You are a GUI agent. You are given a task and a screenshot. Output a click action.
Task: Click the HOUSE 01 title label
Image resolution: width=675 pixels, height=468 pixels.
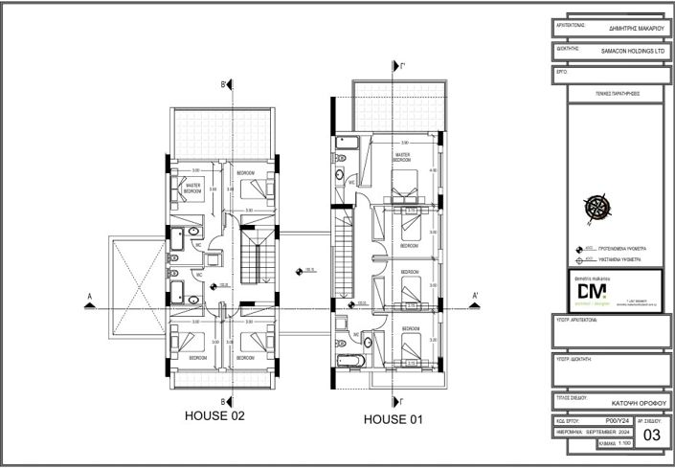coord(394,419)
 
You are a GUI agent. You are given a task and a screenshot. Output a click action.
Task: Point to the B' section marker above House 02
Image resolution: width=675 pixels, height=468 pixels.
coord(224,85)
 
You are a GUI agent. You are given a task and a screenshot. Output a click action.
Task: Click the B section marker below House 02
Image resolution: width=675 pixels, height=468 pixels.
coord(224,400)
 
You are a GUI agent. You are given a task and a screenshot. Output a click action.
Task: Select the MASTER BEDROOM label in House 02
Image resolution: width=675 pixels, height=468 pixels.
coord(192,189)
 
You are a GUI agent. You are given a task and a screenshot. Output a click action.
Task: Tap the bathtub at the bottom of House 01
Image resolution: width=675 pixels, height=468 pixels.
coord(347,359)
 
